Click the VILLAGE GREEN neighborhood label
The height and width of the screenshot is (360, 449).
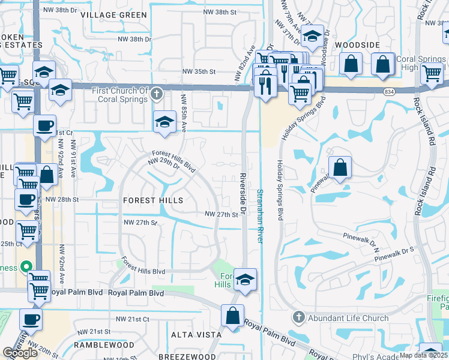pos(113,14)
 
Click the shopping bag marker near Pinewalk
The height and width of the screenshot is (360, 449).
pos(340,169)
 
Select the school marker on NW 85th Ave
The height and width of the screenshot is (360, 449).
pos(164,122)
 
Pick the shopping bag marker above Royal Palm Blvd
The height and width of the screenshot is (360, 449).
pos(232,316)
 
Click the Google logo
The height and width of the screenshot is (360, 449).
pos(20,353)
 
